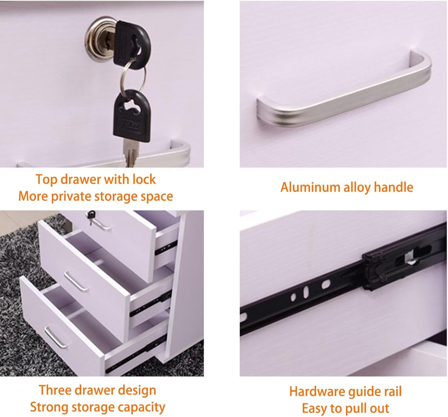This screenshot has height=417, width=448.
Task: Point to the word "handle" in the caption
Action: coord(393,187)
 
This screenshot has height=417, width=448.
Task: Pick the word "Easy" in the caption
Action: coord(314,408)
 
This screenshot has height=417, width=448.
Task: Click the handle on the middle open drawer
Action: coord(76,281)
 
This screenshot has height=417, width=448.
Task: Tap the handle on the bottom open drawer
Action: coord(56,336)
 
